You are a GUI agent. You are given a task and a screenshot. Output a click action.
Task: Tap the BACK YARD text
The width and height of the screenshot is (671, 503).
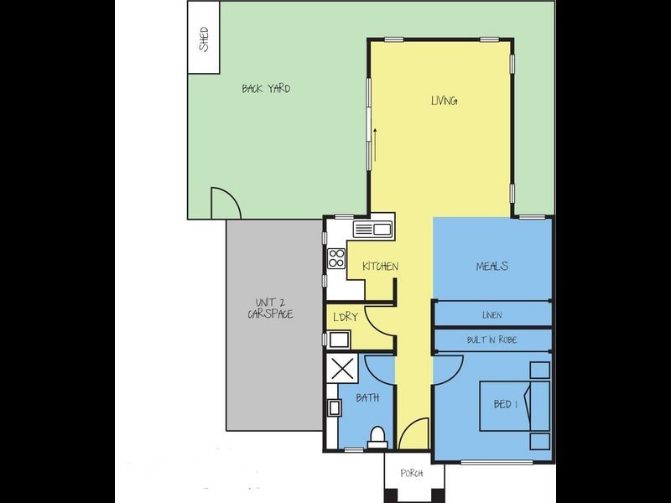pyautogui.click(x=266, y=88)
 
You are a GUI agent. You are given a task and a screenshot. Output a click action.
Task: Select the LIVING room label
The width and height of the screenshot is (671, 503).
pyautogui.click(x=444, y=101)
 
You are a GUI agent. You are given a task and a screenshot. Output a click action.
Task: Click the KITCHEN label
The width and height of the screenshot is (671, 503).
pyautogui.click(x=380, y=267)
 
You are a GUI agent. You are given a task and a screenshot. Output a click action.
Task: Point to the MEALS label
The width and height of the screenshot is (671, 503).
pyautogui.click(x=492, y=267)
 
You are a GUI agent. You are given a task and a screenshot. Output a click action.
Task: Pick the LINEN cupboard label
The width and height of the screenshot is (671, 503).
pyautogui.click(x=492, y=315)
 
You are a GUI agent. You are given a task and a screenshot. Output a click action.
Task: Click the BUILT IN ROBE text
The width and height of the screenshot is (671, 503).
pyautogui.click(x=492, y=340)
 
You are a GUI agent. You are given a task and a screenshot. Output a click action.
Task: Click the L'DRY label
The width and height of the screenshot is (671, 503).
pyautogui.click(x=346, y=318)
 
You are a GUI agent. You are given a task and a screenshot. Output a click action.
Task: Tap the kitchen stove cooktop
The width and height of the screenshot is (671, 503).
pyautogui.click(x=337, y=258)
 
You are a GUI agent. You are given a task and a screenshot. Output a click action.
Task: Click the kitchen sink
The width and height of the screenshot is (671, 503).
pyautogui.click(x=372, y=229)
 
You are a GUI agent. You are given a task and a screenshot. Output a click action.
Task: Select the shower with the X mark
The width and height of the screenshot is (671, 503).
pyautogui.click(x=344, y=369)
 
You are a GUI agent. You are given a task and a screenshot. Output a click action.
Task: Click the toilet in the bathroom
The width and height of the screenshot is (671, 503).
pyautogui.click(x=378, y=437)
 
